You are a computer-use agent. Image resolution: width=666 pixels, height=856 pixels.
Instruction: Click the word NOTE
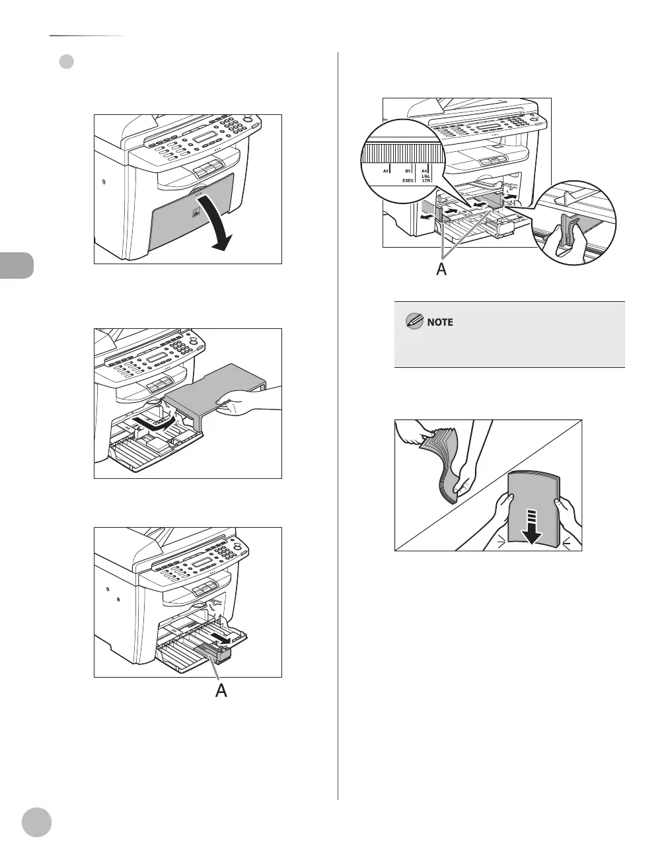click(439, 322)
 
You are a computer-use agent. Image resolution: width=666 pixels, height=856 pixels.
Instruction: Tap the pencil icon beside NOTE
click(414, 322)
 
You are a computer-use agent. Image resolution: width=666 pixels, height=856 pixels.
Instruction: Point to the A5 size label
click(387, 170)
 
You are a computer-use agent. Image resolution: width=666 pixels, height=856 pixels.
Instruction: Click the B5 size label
click(408, 170)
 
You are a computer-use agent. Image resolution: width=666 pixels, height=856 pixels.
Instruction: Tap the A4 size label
click(425, 170)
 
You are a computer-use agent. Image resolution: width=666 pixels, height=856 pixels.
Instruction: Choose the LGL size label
click(425, 176)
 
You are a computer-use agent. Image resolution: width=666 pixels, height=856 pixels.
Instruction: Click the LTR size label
click(426, 181)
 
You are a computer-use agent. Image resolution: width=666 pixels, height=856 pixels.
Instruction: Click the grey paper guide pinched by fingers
click(566, 232)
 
